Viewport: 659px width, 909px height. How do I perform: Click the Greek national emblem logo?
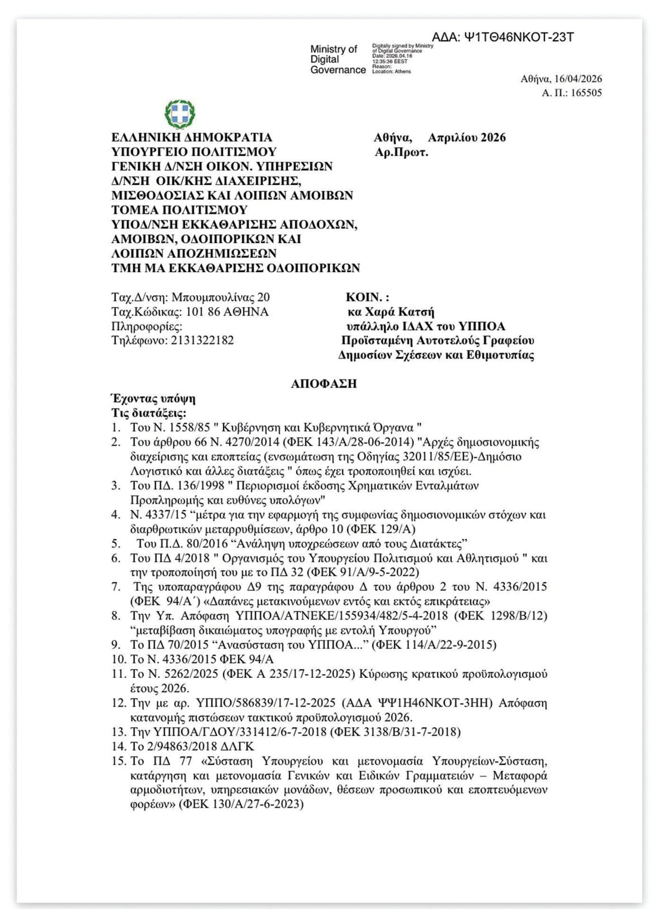coord(180,114)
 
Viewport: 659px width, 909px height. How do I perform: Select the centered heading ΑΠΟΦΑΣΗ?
coord(324,383)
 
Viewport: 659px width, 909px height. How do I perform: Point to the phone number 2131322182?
coord(202,340)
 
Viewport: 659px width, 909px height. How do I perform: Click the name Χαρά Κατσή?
coord(399,312)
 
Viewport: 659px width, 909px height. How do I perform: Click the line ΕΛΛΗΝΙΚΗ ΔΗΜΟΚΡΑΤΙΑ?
coord(192,137)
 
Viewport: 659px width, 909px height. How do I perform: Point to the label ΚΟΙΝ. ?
coord(367,297)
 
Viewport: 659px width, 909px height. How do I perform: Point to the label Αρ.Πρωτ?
coord(401,152)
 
